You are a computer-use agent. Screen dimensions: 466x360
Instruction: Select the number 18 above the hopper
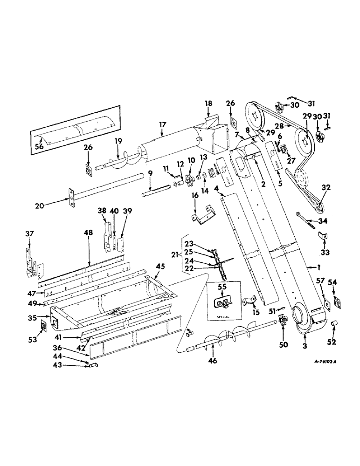208,103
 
